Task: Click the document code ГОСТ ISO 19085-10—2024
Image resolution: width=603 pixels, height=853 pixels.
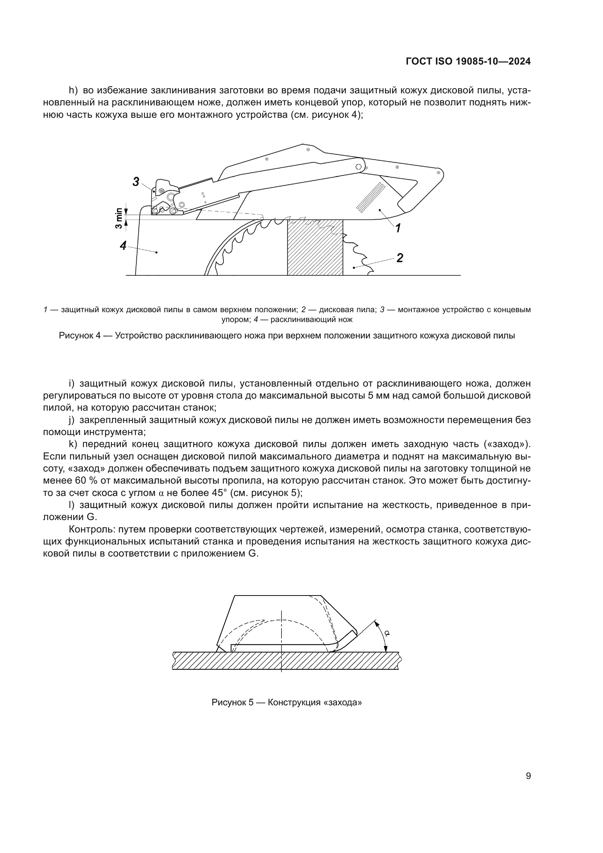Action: pyautogui.click(x=468, y=62)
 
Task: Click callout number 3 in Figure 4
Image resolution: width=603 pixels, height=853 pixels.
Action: pyautogui.click(x=136, y=182)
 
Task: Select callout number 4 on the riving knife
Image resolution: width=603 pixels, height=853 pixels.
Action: pyautogui.click(x=124, y=245)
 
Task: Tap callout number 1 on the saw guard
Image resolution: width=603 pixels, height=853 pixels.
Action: pyautogui.click(x=398, y=228)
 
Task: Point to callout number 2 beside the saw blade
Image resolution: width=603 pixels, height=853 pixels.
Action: pyautogui.click(x=400, y=257)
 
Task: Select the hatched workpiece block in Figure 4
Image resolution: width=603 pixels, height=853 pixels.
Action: pyautogui.click(x=315, y=247)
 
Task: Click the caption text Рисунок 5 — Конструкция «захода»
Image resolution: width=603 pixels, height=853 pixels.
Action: pyautogui.click(x=287, y=702)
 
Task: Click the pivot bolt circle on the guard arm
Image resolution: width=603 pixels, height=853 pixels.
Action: pyautogui.click(x=359, y=167)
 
